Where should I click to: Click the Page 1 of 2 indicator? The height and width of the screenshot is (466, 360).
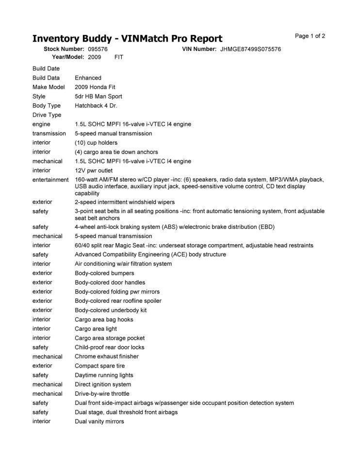tap(310, 36)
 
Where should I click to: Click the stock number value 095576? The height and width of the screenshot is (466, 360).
tap(98, 49)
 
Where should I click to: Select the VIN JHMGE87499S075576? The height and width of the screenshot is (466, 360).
tap(250, 49)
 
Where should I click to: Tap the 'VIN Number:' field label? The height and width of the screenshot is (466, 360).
tap(199, 49)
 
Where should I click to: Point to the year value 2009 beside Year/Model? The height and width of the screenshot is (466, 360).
tap(95, 57)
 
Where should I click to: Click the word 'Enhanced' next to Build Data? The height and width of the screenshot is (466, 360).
tap(88, 78)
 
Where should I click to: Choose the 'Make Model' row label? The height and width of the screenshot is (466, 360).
tap(49, 87)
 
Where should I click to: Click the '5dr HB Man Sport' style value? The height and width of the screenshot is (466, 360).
tap(98, 96)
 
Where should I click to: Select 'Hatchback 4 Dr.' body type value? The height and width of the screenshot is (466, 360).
tap(96, 105)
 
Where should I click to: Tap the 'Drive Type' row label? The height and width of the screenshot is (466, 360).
tap(47, 115)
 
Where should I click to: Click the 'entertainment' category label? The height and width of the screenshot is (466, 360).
tap(50, 180)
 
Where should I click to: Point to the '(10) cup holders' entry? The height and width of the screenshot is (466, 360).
tap(96, 143)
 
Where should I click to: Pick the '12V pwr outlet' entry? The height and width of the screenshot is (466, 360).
tap(94, 170)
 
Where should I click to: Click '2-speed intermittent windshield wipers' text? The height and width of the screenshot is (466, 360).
tap(125, 202)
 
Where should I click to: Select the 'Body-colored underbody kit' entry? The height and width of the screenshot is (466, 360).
tap(111, 310)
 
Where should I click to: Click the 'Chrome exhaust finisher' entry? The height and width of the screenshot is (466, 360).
tap(106, 356)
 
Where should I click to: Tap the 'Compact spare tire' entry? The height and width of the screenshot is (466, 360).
tap(99, 366)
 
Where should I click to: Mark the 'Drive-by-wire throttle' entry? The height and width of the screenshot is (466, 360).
tap(102, 394)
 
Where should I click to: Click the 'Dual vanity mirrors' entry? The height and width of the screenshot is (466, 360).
tap(99, 421)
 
